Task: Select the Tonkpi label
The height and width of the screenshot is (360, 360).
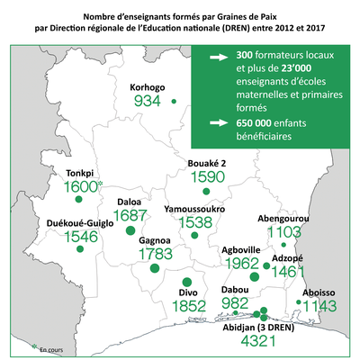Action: (x=73, y=173)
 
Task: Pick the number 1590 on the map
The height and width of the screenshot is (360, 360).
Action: (x=206, y=176)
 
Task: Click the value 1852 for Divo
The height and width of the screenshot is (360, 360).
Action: (x=188, y=307)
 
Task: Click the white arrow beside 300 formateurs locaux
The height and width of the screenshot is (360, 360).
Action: (x=216, y=55)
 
